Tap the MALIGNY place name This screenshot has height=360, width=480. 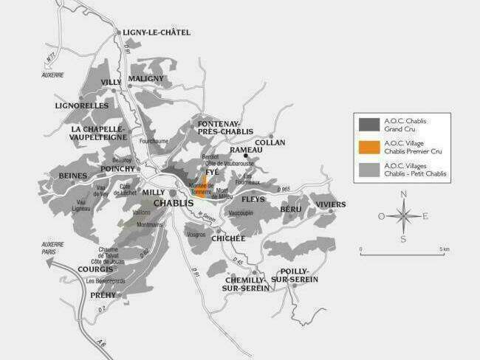click(x=145, y=78)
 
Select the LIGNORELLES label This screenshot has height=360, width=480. click(x=82, y=106)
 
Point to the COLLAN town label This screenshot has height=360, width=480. click(x=270, y=143)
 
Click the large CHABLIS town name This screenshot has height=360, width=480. click(x=174, y=203)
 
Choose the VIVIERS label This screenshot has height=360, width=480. click(x=330, y=204)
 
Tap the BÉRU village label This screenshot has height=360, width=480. click(x=291, y=210)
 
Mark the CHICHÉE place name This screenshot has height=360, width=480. click(x=228, y=238)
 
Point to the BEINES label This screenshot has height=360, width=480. click(x=73, y=176)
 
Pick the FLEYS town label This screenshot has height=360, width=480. click(x=253, y=199)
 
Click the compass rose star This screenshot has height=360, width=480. click(x=403, y=216)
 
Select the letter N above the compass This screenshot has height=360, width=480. click(x=403, y=194)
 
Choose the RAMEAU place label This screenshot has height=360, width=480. click(x=245, y=150)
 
